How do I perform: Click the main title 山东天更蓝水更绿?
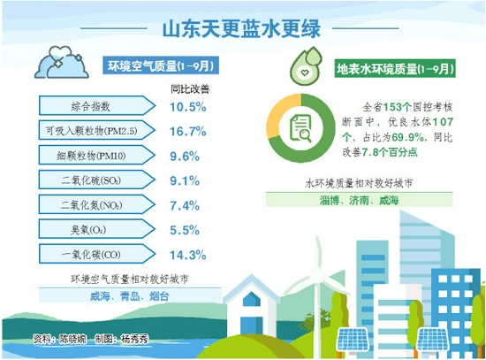(241, 29)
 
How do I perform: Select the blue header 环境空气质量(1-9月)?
(161, 65)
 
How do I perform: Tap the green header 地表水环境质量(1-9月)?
(395, 69)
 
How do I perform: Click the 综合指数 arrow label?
(96, 106)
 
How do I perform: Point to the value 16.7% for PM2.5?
(188, 131)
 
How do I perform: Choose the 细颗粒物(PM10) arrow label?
(96, 155)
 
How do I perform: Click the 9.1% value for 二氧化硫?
(185, 180)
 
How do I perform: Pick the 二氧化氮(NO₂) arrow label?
(96, 204)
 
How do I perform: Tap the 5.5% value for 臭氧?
(185, 230)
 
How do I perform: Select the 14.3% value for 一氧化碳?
(188, 255)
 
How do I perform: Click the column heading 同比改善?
(190, 89)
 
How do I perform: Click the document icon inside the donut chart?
(300, 128)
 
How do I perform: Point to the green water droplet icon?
(307, 65)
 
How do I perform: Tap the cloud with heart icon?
(62, 62)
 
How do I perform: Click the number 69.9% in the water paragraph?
(408, 137)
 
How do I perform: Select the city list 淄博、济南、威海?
(359, 201)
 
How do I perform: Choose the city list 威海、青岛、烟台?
(130, 296)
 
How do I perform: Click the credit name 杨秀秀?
(134, 339)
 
